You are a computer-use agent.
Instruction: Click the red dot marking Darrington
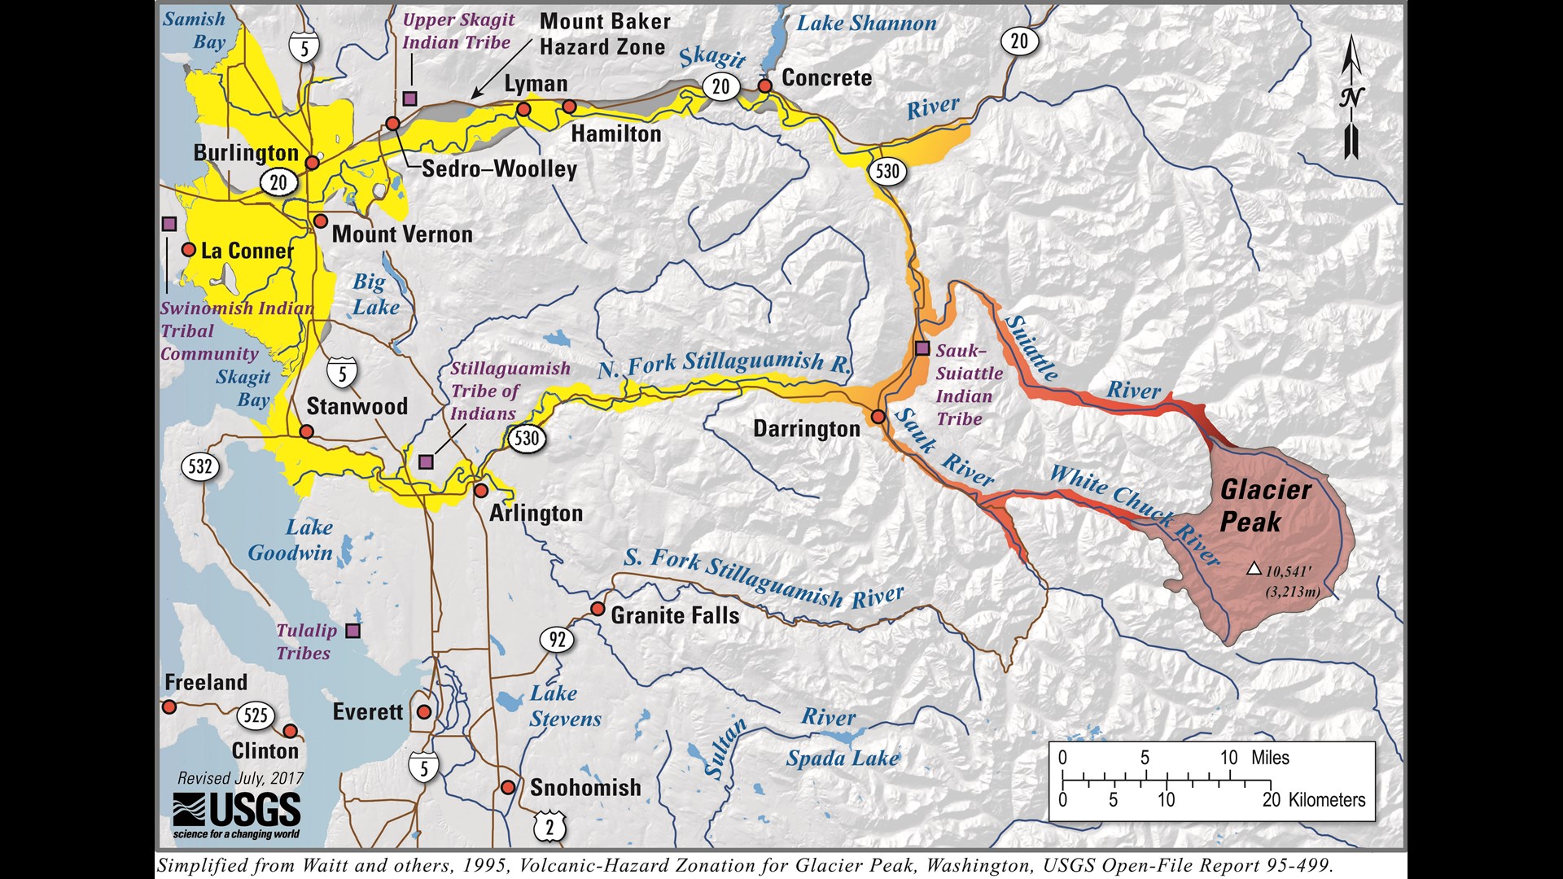tap(878, 417)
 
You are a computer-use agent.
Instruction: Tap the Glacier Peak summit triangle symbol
tap(1254, 569)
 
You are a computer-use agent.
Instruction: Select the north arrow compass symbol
tap(1351, 98)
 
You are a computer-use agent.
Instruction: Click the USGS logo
tap(236, 815)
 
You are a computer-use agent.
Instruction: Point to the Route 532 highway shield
tap(200, 466)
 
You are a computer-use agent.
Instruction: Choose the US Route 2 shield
tap(549, 827)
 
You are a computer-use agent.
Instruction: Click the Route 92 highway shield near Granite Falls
tap(557, 640)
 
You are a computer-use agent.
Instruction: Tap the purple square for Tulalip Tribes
tap(352, 630)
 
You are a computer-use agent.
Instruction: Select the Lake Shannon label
tap(866, 24)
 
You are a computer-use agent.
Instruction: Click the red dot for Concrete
tap(765, 85)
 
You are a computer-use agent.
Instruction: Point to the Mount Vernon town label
tap(402, 234)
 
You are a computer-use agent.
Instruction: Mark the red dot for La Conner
tap(189, 250)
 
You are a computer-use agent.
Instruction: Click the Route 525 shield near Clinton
tap(256, 715)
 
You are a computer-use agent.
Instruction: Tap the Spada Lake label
tap(842, 759)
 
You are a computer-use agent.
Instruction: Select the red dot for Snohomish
tap(508, 787)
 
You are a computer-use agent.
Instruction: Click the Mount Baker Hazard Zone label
tap(604, 34)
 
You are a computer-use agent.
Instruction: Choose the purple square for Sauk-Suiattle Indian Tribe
tap(922, 348)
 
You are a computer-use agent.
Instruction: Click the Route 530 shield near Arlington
tap(526, 439)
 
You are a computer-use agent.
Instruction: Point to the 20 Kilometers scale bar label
tap(1313, 799)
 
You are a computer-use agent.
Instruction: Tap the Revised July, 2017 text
tap(240, 778)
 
